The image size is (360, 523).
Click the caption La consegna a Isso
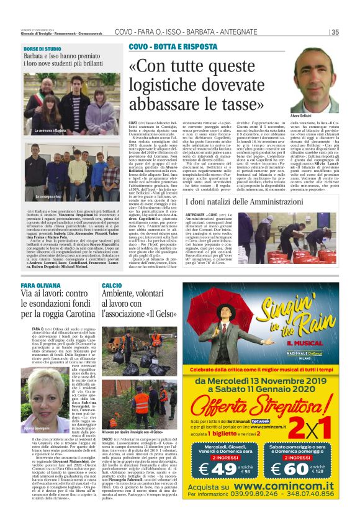48,196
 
